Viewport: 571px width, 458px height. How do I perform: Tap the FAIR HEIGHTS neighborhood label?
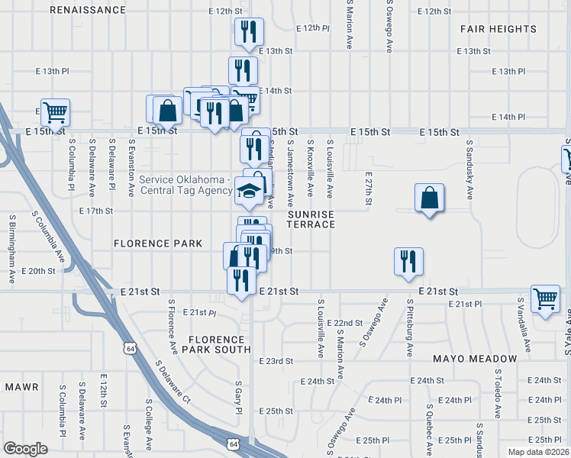pos(498,29)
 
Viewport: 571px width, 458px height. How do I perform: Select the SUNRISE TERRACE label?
pos(311,220)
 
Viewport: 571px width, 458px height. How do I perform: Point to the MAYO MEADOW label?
pos(475,359)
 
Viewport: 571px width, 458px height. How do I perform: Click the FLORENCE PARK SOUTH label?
pos(220,343)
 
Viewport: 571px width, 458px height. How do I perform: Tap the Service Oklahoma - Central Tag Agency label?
pos(185,185)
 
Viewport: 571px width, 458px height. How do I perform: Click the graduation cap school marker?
pos(249,192)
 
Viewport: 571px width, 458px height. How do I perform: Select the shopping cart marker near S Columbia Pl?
pos(55,112)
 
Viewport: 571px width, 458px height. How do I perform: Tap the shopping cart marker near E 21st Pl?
pos(545,299)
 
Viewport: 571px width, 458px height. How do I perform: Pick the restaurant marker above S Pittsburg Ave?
pos(408,261)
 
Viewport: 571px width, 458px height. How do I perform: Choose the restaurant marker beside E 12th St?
pos(249,31)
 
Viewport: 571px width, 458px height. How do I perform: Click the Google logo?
pos(25,449)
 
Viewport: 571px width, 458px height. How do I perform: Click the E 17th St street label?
pos(95,211)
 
